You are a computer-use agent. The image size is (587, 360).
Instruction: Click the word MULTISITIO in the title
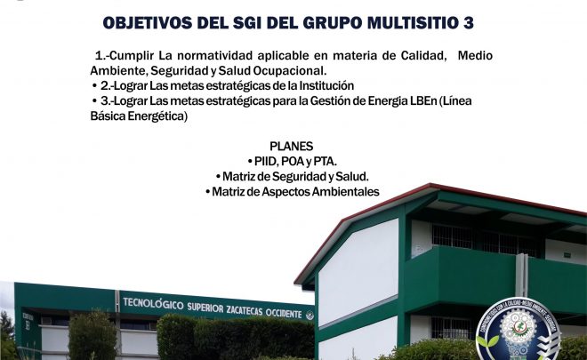(414, 23)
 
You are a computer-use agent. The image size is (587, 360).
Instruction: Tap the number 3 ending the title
(469, 23)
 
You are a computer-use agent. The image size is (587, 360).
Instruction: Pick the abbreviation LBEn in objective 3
(423, 101)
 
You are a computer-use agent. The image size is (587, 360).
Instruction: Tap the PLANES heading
(291, 146)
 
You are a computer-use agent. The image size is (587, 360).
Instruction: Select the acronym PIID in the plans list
(266, 161)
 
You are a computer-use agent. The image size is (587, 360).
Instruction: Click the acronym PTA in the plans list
(324, 161)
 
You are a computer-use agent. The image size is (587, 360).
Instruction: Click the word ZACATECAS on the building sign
(245, 310)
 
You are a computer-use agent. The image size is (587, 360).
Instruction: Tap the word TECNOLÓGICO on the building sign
(154, 303)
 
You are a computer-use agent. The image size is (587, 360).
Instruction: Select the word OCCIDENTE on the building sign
(284, 313)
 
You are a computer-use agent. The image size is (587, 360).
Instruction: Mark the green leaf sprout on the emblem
(487, 341)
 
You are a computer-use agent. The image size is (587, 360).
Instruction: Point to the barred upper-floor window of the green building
(452, 236)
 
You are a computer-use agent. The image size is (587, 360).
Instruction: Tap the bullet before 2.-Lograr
(94, 86)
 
